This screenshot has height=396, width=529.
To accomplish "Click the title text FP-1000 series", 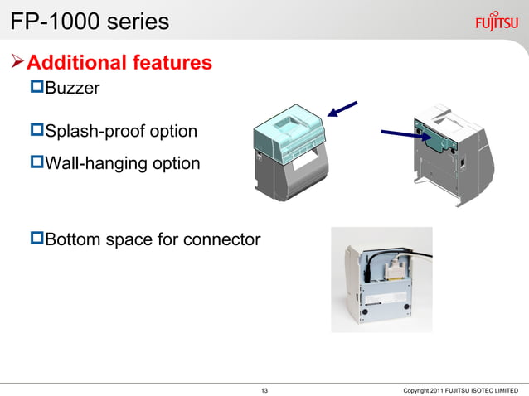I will pyautogui.click(x=90, y=21).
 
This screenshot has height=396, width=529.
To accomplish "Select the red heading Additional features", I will pyautogui.click(x=119, y=62).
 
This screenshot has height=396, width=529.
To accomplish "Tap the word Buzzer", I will pyautogui.click(x=72, y=87).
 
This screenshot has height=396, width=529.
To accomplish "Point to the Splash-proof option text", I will pyautogui.click(x=121, y=131).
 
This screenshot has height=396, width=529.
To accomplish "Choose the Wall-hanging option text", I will pyautogui.click(x=122, y=163).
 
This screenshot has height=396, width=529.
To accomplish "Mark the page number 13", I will pyautogui.click(x=264, y=389).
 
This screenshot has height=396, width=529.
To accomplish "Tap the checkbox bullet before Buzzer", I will pyautogui.click(x=36, y=87).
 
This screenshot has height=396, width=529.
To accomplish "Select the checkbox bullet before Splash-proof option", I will pyautogui.click(x=36, y=131).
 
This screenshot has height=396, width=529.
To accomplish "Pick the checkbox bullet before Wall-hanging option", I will pyautogui.click(x=36, y=163).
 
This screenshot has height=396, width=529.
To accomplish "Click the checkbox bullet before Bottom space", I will pyautogui.click(x=36, y=239).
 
